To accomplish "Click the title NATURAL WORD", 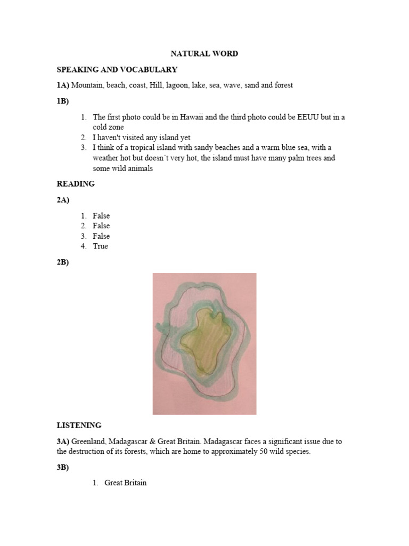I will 204,54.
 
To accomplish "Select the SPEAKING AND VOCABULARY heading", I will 117,70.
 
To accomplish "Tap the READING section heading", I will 76,184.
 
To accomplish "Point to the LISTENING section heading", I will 79,425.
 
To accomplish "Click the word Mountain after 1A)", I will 87,85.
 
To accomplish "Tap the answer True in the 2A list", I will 100,246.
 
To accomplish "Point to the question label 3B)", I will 63,468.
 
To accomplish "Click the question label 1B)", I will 63,101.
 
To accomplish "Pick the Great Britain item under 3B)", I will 125,483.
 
